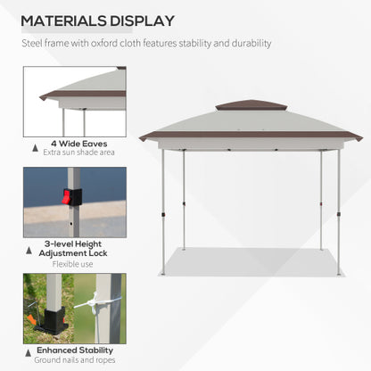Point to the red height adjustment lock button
[x=66, y=197]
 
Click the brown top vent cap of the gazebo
[x=251, y=105]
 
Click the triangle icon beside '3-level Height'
[x=36, y=243]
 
